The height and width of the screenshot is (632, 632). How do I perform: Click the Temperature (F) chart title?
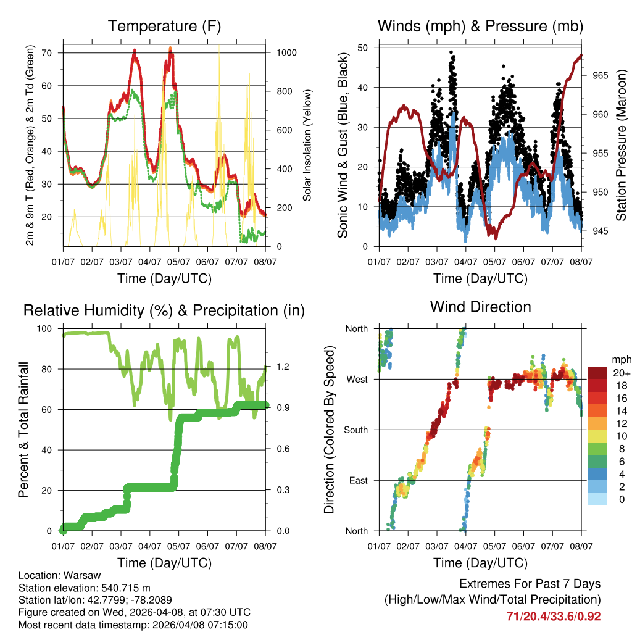(x=164, y=27)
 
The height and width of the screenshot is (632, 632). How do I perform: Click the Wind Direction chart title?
(x=480, y=307)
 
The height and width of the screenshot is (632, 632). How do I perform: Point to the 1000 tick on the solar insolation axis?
(x=286, y=53)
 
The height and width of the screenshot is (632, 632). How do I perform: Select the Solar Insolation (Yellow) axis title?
(x=307, y=145)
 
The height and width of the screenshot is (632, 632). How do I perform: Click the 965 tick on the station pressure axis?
(x=596, y=75)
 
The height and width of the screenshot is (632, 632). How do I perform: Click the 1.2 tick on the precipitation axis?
(x=283, y=367)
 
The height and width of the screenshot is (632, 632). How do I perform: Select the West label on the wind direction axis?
(x=356, y=380)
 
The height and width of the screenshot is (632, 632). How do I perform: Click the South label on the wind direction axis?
(x=355, y=430)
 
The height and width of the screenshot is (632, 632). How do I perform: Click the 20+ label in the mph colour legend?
(x=620, y=373)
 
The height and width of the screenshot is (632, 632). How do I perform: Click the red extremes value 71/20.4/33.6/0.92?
(x=553, y=617)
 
